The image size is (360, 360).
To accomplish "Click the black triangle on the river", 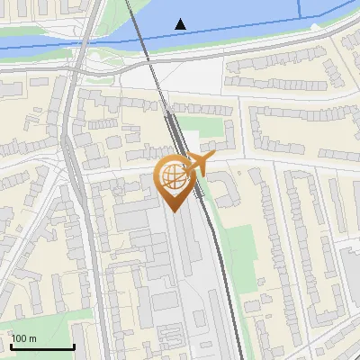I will (x=181, y=23).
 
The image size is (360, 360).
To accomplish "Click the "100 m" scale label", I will (x=23, y=338).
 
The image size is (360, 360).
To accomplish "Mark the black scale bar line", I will (x=41, y=346).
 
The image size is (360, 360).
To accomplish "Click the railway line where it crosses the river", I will (x=137, y=27).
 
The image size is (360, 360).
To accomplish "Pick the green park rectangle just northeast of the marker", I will (x=210, y=125).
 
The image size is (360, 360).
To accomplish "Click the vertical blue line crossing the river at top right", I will (x=301, y=9).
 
